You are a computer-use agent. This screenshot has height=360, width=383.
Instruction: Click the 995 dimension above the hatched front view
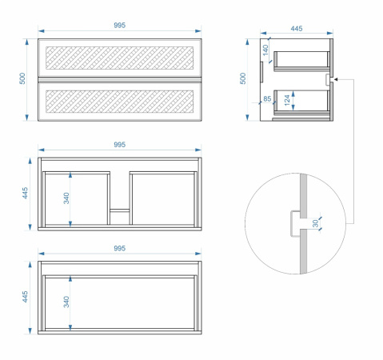119,26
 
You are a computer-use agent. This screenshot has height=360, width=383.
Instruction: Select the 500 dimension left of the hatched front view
22,78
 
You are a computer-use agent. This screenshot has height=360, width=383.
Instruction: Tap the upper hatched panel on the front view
119,58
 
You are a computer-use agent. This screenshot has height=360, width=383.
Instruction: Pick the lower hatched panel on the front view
119,102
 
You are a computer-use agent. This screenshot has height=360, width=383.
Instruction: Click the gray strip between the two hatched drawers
119,79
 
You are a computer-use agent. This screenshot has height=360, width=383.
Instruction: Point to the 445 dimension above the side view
297,29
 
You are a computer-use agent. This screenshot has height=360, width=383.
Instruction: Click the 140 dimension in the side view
265,50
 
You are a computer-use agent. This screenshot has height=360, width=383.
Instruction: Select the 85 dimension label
267,98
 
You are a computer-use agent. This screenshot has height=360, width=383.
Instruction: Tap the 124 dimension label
287,100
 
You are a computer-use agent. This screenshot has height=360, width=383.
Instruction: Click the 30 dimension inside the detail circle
315,223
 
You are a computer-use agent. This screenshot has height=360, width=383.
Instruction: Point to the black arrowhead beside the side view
336,79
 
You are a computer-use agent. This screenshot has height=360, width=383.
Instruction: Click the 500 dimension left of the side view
243,78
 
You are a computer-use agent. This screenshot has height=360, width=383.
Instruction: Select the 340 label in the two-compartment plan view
66,198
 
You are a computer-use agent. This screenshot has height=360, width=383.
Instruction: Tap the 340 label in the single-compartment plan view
66,302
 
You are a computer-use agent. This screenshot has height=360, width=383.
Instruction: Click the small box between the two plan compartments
120,210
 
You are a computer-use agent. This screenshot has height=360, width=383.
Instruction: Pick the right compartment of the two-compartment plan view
163,198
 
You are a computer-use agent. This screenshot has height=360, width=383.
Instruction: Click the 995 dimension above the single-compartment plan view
119,248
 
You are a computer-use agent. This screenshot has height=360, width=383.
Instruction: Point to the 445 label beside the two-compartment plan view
25,193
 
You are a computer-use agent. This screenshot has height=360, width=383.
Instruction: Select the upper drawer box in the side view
301,62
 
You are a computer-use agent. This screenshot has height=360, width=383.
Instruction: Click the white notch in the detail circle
296,223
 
